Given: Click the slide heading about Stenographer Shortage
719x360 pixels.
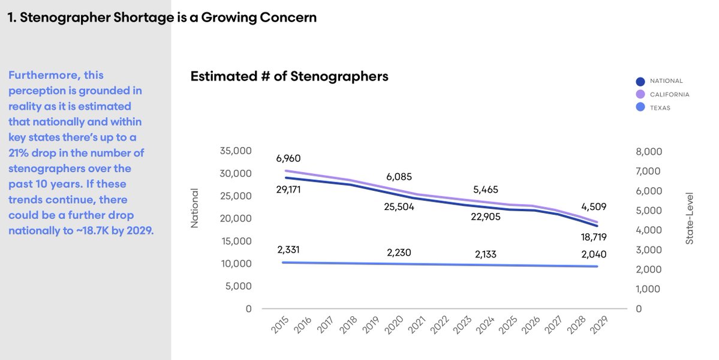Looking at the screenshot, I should point(162,18).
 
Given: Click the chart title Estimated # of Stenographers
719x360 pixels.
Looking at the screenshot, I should point(289,77).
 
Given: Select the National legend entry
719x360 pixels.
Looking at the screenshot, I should point(666,81).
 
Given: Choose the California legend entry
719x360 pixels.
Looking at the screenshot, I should point(669,94).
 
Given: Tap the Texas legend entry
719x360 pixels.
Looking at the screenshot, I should point(660,108).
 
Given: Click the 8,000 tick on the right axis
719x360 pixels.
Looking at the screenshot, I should point(649,152).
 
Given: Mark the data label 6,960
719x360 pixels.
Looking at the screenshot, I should point(288,158).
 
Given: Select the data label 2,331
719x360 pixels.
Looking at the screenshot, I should point(289,250).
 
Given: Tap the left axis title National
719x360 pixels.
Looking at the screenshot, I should point(194,209).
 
